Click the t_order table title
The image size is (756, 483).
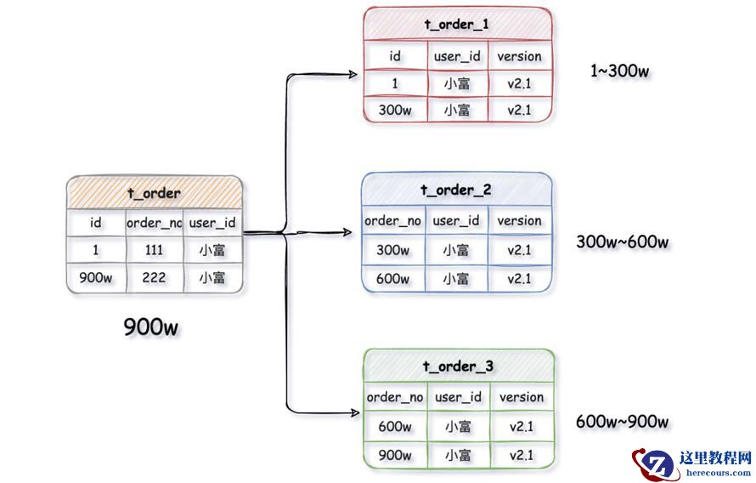(154, 193)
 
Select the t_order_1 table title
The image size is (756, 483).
(456, 24)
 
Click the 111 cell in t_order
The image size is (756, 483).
(154, 250)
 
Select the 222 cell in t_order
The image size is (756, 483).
(154, 278)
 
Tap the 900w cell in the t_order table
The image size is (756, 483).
(96, 278)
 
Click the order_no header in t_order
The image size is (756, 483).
(154, 223)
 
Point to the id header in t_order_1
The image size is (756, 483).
(395, 56)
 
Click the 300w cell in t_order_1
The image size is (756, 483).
(395, 111)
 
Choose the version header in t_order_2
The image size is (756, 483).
(519, 221)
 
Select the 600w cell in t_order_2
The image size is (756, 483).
(393, 278)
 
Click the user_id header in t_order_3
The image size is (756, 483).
(458, 397)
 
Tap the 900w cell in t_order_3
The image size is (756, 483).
(395, 455)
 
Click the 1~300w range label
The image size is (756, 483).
(619, 71)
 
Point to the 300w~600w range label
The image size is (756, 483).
(622, 242)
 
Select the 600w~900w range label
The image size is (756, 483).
(622, 422)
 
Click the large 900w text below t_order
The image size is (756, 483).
(151, 327)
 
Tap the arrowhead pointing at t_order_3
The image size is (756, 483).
(353, 412)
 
